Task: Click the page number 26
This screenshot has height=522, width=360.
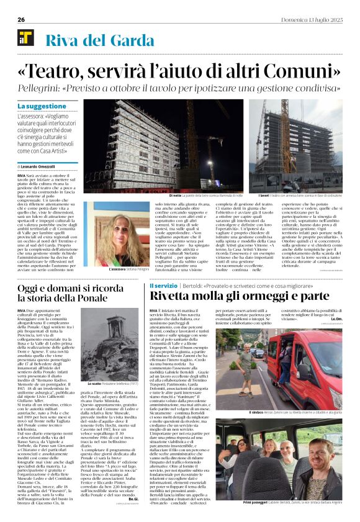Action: click(x=21, y=19)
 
